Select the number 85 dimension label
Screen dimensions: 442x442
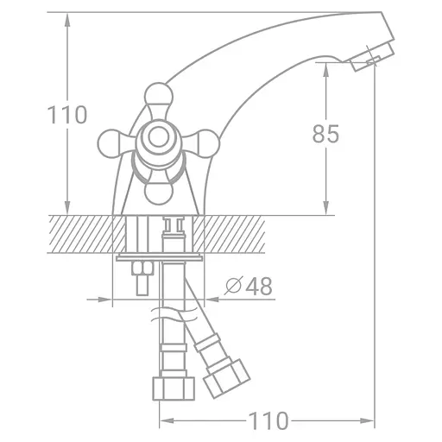click(325, 134)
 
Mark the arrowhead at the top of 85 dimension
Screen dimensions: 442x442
click(325, 74)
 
